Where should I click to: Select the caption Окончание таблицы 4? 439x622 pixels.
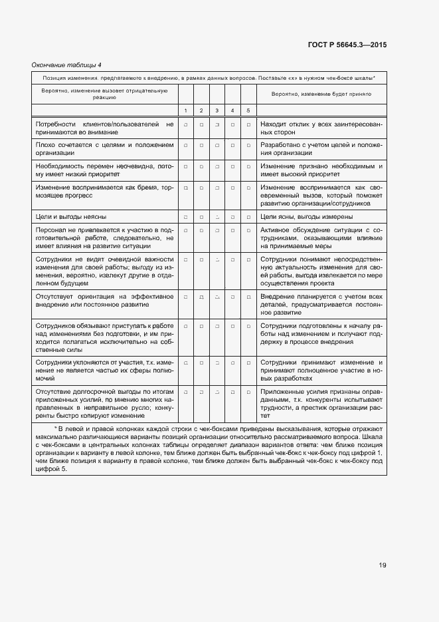(x=66, y=65)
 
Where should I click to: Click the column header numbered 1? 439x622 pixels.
(x=185, y=110)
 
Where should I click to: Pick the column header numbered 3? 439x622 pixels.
(x=217, y=110)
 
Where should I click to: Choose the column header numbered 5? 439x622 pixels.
(x=248, y=110)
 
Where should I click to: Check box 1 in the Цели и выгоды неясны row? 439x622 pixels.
(x=185, y=217)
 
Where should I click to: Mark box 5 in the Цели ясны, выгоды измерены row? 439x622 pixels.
(x=248, y=217)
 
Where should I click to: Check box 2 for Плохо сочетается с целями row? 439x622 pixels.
(x=201, y=144)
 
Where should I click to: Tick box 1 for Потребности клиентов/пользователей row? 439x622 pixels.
(x=185, y=124)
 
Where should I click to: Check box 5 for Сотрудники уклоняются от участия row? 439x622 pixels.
(x=248, y=363)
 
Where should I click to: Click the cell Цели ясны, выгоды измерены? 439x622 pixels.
(x=306, y=217)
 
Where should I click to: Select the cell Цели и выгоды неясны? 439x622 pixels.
(x=71, y=217)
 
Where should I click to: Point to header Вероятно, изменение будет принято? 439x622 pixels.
(x=321, y=94)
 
